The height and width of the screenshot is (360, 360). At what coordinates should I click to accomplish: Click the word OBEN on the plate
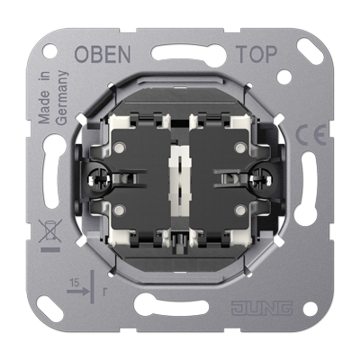[103, 54]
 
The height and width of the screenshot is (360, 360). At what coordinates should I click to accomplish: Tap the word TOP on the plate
[256, 54]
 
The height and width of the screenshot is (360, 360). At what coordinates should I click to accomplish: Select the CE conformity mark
[311, 134]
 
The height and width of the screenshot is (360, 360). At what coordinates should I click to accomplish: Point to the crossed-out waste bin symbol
[50, 230]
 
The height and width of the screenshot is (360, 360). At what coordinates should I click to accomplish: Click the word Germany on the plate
[62, 98]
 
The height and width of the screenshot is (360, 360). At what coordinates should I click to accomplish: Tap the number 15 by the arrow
[75, 283]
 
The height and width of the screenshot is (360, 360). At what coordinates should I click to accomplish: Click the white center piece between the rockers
[180, 181]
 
